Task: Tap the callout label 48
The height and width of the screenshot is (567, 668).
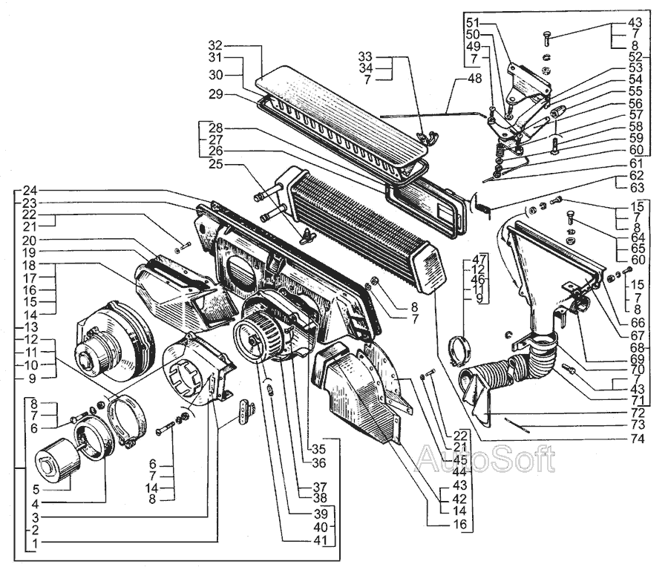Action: coord(474,79)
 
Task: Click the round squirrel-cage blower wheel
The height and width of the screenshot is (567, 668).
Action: coord(257,338)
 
